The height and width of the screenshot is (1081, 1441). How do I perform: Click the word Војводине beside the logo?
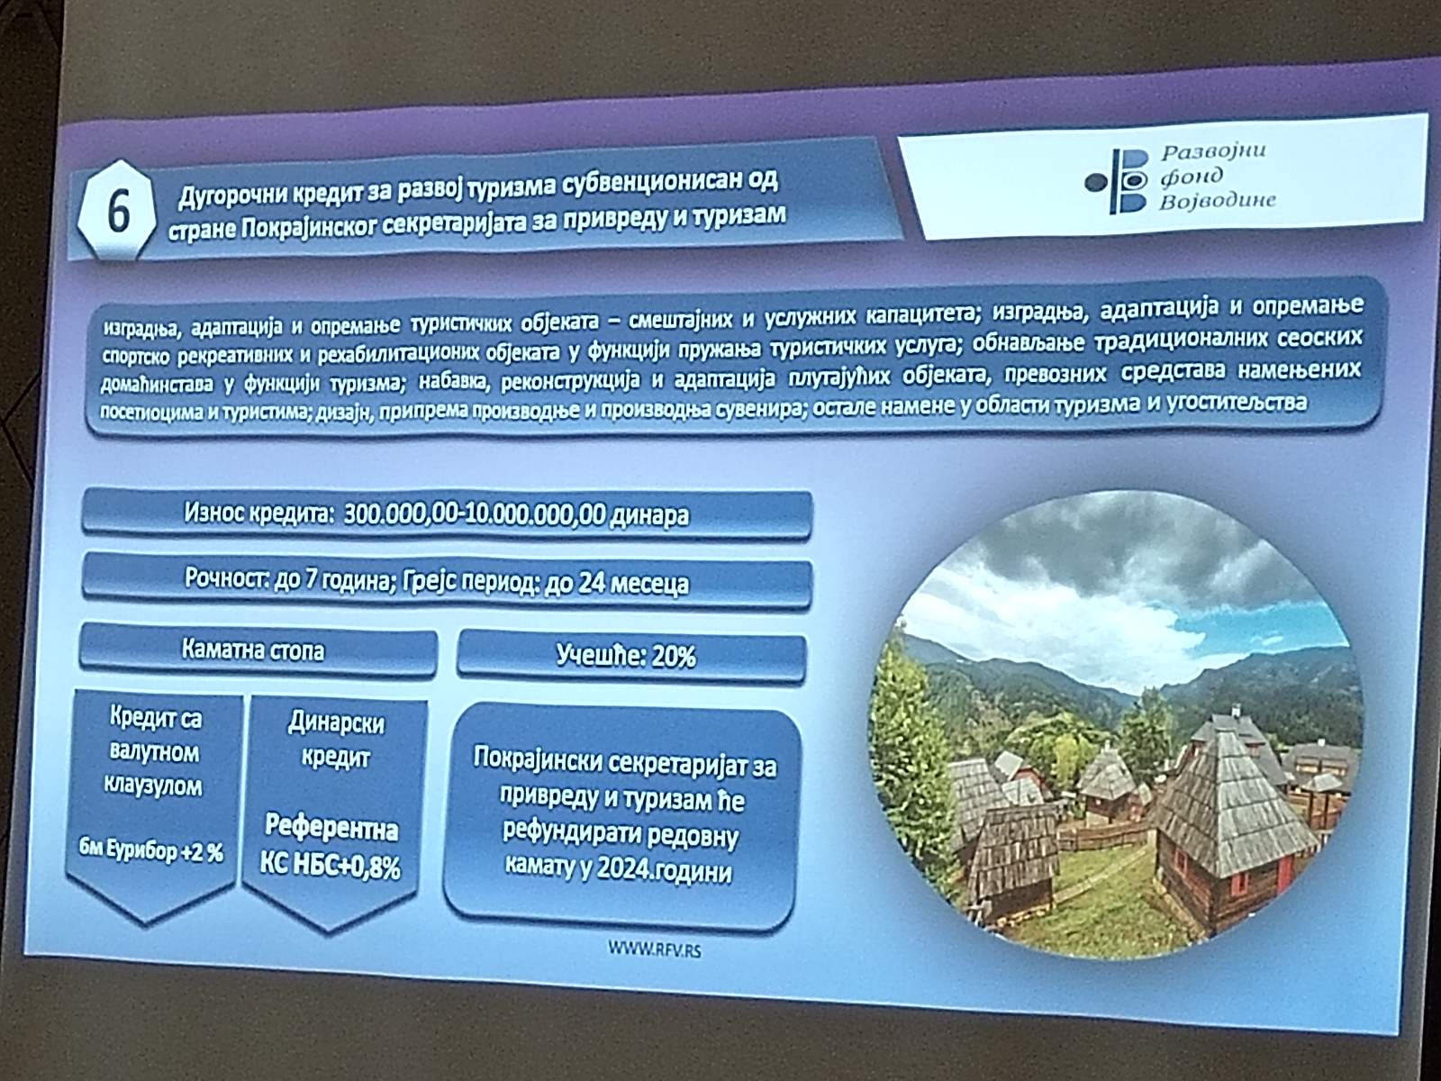[x=1218, y=199]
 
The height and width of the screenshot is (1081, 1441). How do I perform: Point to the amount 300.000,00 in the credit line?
[x=402, y=513]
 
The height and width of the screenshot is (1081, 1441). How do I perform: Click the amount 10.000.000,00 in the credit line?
[x=536, y=514]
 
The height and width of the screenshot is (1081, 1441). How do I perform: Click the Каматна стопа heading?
[x=253, y=650]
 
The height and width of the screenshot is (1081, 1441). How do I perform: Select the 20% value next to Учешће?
[x=673, y=656]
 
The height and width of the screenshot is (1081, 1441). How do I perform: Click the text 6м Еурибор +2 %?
[x=151, y=850]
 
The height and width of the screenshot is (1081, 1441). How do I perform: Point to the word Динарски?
[x=336, y=722]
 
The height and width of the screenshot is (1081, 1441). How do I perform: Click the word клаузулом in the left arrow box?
[x=153, y=785]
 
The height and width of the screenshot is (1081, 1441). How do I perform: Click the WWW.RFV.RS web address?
[x=655, y=949]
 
